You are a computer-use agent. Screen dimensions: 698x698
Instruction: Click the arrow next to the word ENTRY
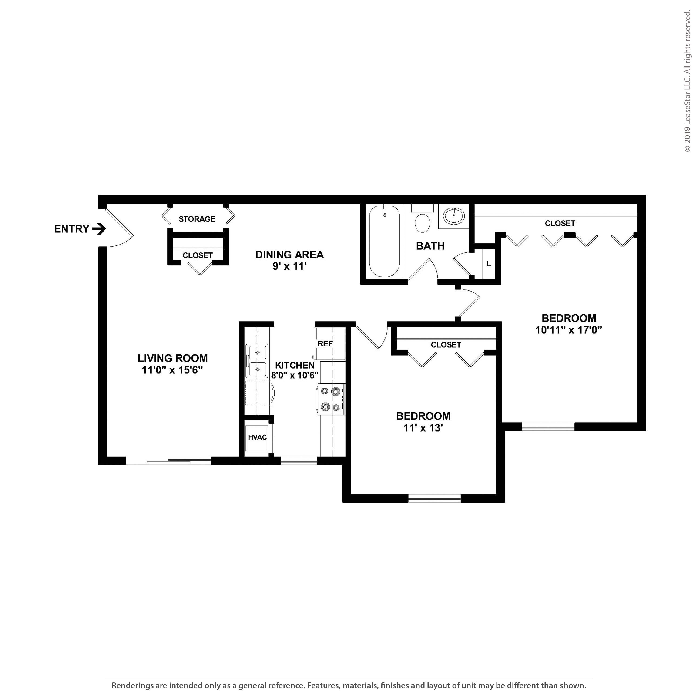pos(99,229)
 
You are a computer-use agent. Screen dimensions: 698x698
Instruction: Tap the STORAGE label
pos(197,219)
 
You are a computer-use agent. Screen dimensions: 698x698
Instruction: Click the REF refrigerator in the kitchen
pos(329,344)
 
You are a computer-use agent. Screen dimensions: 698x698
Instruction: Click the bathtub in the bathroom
pos(384,241)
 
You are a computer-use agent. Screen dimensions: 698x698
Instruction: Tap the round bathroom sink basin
pos(454,216)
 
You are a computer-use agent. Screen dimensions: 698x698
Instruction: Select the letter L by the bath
pos(489,264)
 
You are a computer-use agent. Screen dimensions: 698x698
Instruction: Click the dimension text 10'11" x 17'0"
pos(568,330)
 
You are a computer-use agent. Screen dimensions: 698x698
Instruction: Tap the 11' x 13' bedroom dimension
pos(423,428)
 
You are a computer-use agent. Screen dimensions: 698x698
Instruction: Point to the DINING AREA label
pos(289,255)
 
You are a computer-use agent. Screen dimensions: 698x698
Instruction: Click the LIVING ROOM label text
pos(173,358)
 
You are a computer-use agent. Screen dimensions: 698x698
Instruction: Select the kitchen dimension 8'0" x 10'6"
pos(295,375)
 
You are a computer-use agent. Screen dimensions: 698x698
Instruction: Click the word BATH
pos(430,246)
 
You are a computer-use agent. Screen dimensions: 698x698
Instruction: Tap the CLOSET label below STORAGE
pos(198,255)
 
